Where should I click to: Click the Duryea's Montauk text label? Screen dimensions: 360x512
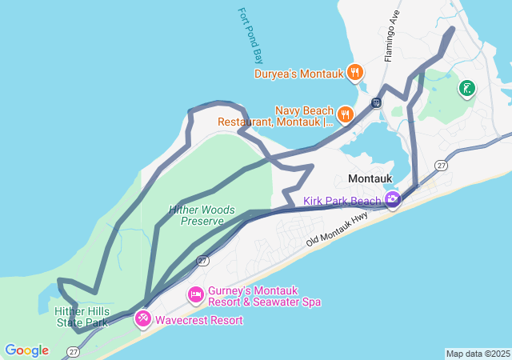pos(298,74)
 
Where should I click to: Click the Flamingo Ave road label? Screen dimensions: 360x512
pos(391,36)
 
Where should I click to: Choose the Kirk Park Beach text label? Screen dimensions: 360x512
pos(342,200)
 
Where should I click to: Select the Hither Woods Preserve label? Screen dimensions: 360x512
pos(202,215)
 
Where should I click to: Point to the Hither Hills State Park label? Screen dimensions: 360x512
pos(82,317)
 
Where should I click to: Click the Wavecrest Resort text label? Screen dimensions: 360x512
pos(199,320)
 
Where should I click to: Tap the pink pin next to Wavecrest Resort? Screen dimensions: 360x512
pos(143,318)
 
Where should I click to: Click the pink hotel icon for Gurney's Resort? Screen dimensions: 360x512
pos(195,295)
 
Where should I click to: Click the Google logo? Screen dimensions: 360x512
pos(26,350)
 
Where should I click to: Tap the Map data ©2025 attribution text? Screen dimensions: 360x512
pos(478,354)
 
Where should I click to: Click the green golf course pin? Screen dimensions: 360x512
pos(466,88)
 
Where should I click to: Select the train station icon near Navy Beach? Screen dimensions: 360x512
pos(376,102)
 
